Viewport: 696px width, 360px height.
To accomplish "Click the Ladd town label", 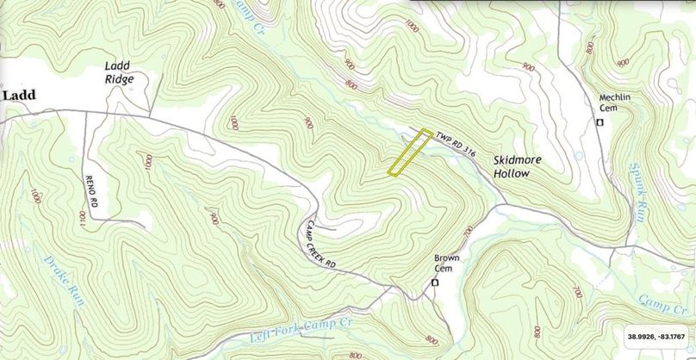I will click(x=18, y=96).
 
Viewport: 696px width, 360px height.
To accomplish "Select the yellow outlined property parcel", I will click(x=409, y=152).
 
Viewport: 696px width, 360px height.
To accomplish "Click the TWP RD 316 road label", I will click(x=456, y=142).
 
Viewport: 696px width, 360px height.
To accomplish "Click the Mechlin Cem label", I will click(x=617, y=103).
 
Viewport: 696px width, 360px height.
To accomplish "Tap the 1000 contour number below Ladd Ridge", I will click(x=150, y=161).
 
